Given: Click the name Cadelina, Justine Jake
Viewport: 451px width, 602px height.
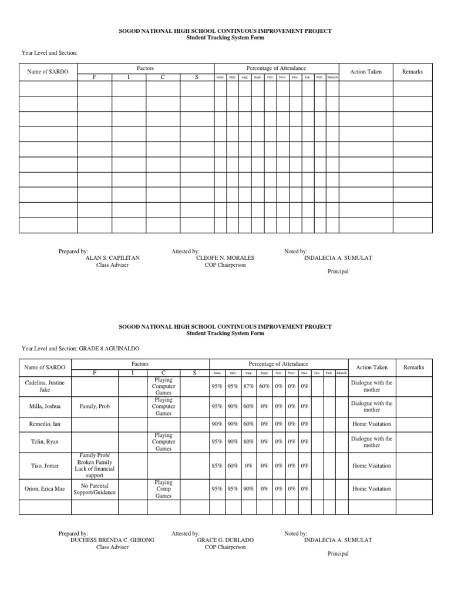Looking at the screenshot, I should coord(45,386).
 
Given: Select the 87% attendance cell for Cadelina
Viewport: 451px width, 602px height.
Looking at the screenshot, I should coord(248,386).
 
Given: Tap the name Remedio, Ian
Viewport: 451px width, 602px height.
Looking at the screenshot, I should coord(45,424).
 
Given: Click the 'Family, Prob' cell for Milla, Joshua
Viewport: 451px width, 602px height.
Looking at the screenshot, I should coord(94,406).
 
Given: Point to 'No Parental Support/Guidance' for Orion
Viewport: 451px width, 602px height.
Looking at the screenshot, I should coord(94,489).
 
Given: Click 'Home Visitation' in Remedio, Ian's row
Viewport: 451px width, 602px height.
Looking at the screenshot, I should coord(371,424).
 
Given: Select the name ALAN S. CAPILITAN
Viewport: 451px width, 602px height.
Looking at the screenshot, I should coord(112,258).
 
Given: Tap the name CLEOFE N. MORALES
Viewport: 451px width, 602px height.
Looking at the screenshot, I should coord(221,258).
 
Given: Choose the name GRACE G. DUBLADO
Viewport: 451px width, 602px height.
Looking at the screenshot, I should coord(221,540).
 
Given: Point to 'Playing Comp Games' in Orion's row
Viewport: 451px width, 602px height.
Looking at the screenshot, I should coord(163,489).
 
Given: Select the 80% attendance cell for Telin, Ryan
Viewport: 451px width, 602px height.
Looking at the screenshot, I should coord(248,442).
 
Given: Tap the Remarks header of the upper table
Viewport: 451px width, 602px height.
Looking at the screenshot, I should coord(412,72).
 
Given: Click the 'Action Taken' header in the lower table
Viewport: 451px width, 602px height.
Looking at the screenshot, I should coord(371,367).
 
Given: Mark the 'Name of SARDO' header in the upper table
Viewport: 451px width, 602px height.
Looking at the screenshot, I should coord(48,72).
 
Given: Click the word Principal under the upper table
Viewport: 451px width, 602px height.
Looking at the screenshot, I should coord(338,272).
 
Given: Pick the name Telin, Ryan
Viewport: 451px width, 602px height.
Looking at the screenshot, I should coord(45,442).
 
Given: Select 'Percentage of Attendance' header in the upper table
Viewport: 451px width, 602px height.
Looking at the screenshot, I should coord(276,69).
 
